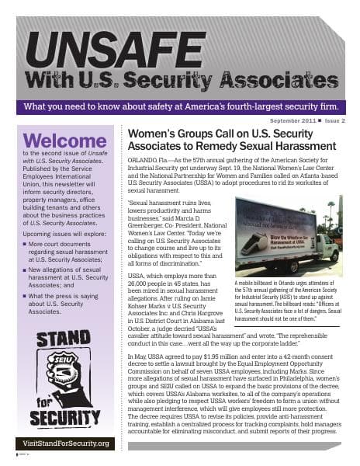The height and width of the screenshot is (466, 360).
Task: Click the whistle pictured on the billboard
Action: pyautogui.click(x=261, y=242)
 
